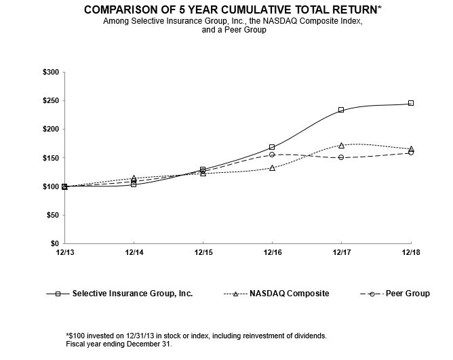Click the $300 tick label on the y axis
tap(50, 72)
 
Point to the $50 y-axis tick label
tap(52, 215)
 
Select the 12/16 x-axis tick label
tap(272, 252)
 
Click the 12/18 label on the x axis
tap(410, 252)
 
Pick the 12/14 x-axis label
tap(134, 252)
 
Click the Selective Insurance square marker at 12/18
tap(411, 103)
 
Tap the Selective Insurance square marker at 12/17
tap(341, 110)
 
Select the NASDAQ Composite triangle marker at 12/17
tap(341, 145)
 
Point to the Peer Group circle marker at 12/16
tap(272, 155)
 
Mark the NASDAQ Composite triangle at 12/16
tap(272, 167)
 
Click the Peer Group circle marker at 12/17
tap(341, 157)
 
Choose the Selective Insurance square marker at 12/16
tap(272, 147)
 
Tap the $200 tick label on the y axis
tap(50, 129)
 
